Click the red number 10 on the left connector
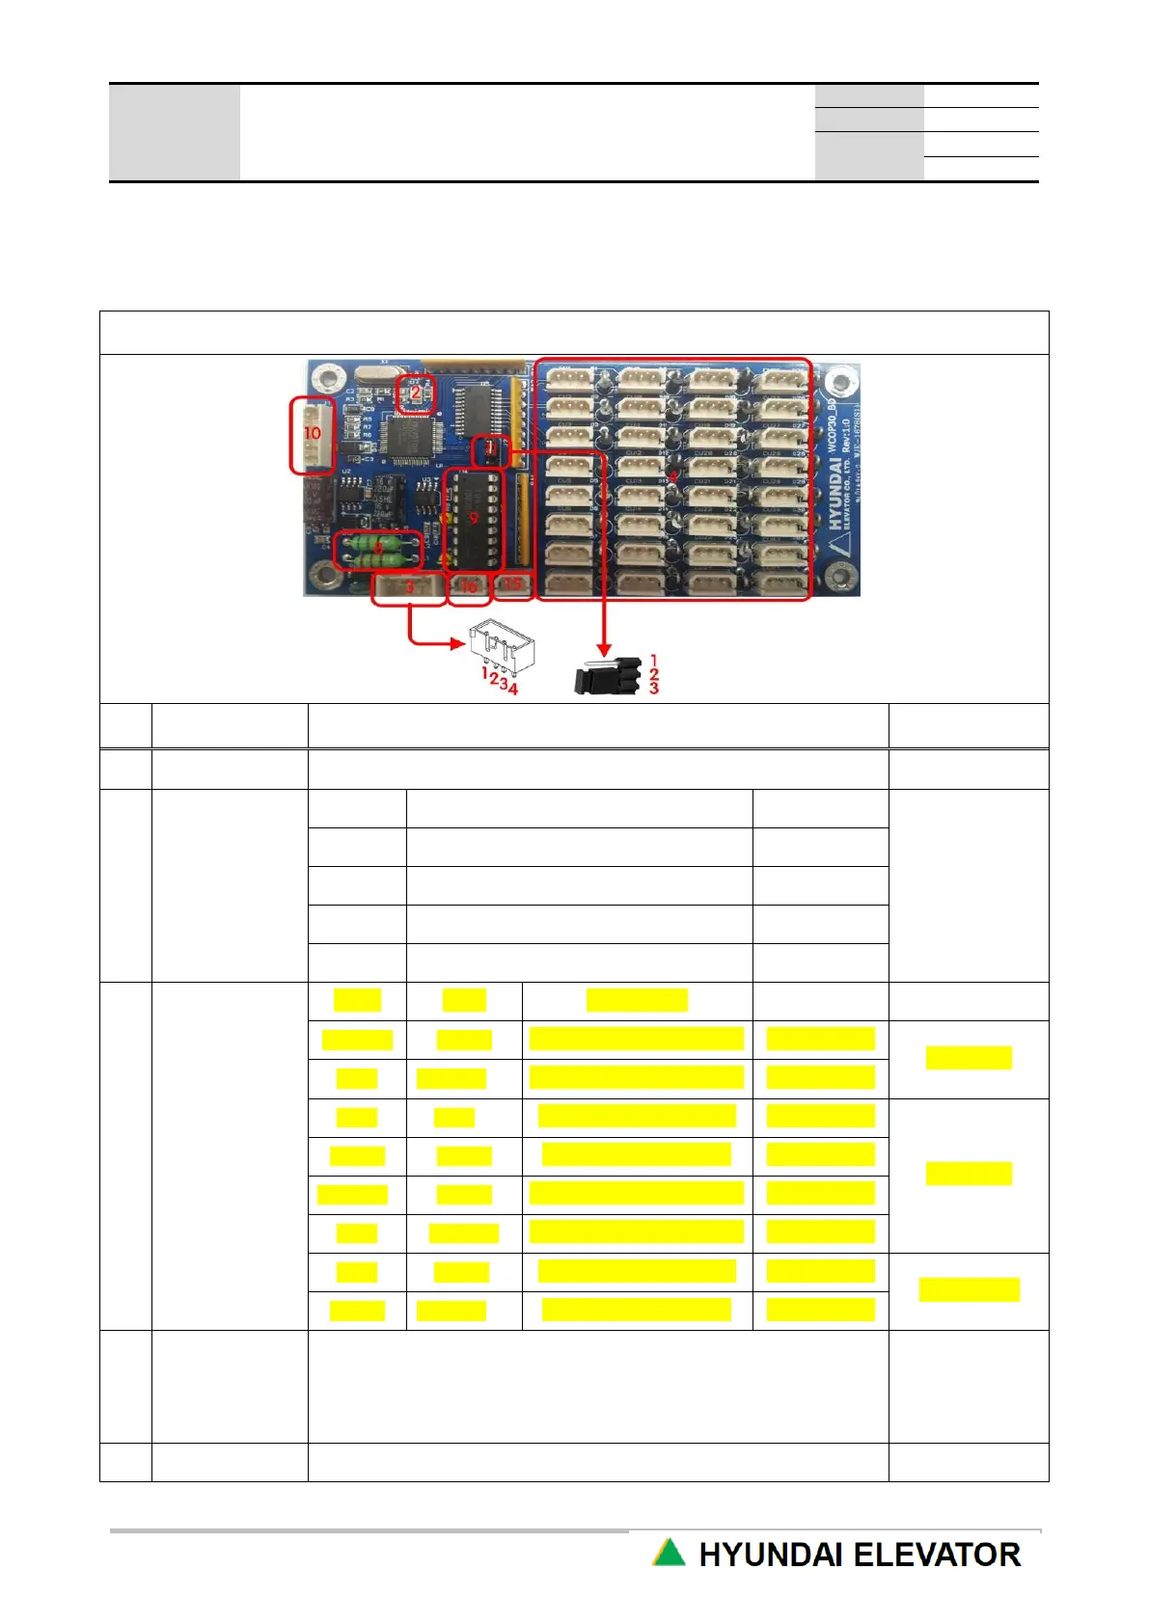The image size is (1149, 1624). coord(312,433)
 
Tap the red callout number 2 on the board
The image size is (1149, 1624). coord(416,392)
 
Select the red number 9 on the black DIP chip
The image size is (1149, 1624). coord(474,517)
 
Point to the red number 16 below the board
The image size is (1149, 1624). coord(469,586)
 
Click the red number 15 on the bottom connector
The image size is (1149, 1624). coord(513,583)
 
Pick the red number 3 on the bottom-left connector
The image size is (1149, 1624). coord(409,586)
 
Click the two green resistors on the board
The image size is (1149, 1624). coord(377,552)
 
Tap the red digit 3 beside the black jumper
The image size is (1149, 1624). coord(654,688)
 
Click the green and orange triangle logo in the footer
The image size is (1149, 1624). coord(669,1553)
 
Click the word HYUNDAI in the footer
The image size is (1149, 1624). coord(770,1555)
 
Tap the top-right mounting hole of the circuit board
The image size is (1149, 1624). coord(841,383)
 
